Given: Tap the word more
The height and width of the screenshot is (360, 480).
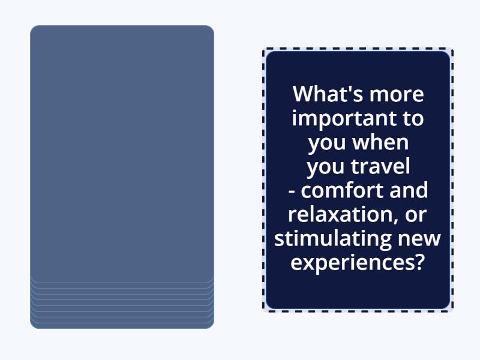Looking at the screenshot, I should [397, 94].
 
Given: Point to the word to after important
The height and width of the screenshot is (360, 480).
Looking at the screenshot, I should [412, 118].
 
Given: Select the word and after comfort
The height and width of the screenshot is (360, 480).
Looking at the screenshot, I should [411, 190].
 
